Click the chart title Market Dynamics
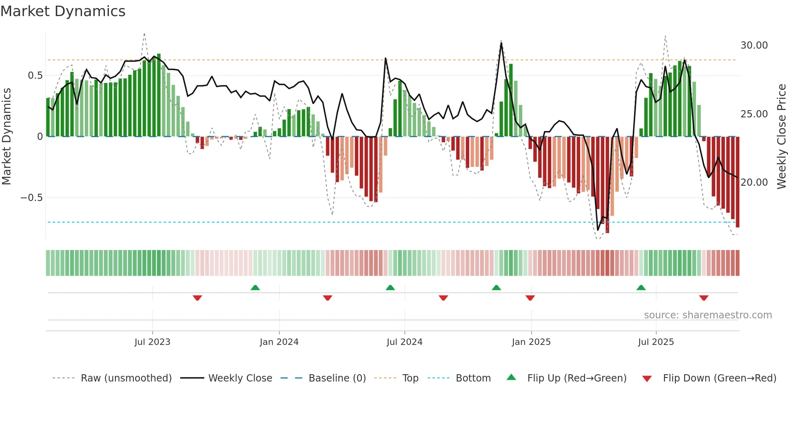pyautogui.click(x=63, y=11)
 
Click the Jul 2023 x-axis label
pyautogui.click(x=152, y=342)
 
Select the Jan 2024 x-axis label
pyautogui.click(x=279, y=342)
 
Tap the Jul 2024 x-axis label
pyautogui.click(x=404, y=342)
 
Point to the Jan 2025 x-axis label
pyautogui.click(x=531, y=342)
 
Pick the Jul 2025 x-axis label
pyautogui.click(x=656, y=342)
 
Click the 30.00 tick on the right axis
pyautogui.click(x=754, y=45)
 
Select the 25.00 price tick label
pyautogui.click(x=754, y=114)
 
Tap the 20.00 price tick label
pyautogui.click(x=754, y=183)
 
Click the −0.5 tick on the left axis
pyautogui.click(x=31, y=198)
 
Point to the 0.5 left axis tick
pyautogui.click(x=35, y=76)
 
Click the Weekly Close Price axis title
pyautogui.click(x=781, y=137)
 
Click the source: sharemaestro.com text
pyautogui.click(x=708, y=315)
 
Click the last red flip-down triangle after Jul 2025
pyautogui.click(x=704, y=298)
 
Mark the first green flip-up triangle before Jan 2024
pyautogui.click(x=255, y=287)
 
